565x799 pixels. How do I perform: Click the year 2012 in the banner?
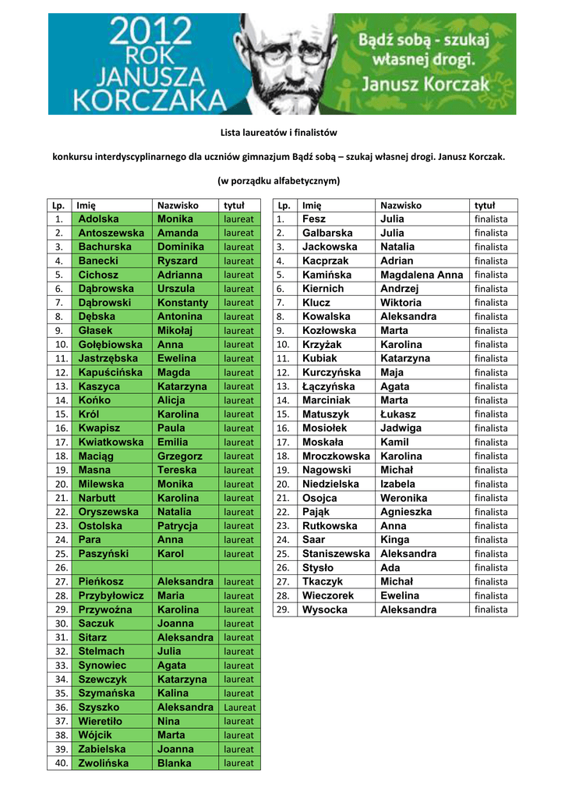(150, 34)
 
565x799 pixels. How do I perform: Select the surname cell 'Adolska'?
(98, 219)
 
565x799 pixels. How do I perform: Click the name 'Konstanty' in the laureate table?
(182, 303)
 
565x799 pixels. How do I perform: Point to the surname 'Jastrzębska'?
(108, 358)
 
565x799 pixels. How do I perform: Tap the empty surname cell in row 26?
(112, 567)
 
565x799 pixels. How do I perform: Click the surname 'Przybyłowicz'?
(111, 595)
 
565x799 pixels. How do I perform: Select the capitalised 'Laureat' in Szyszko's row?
(239, 708)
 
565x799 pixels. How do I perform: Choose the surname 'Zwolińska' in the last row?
(104, 763)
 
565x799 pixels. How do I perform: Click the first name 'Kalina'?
(172, 693)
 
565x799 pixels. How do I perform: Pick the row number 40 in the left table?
(58, 763)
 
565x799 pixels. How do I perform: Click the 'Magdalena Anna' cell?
(422, 275)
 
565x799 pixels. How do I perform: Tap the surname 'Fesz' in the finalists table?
(314, 219)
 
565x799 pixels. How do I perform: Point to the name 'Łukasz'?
(398, 414)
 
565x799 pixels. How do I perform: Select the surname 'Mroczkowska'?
(336, 456)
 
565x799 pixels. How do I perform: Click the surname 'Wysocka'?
(325, 609)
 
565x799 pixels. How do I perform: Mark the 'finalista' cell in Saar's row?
(491, 540)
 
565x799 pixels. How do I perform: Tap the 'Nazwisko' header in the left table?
(178, 205)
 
